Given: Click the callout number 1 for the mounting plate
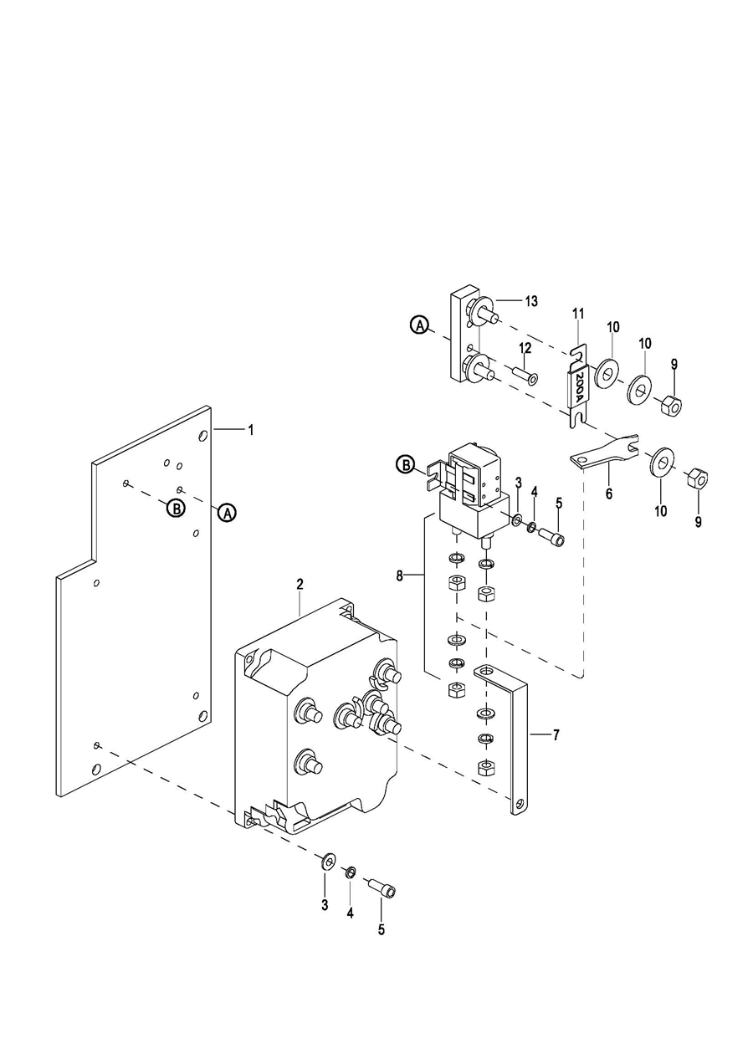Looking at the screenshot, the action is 251,430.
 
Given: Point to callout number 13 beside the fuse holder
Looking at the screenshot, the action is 531,301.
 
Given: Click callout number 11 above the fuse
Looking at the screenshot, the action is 578,314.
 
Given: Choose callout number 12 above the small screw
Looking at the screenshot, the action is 525,348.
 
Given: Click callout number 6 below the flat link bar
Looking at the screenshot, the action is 608,494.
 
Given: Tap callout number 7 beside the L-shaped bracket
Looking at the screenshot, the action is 556,735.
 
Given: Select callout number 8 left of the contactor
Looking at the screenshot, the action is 400,575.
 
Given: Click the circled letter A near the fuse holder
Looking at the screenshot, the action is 419,325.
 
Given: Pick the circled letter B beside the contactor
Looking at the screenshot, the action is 406,465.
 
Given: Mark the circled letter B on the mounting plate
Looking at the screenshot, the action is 176,509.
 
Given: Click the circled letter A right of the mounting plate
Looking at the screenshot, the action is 228,513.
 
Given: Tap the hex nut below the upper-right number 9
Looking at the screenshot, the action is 671,404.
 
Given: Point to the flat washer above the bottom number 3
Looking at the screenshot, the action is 327,860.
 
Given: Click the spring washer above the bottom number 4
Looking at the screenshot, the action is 350,872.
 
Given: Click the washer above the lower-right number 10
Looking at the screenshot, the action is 661,461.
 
